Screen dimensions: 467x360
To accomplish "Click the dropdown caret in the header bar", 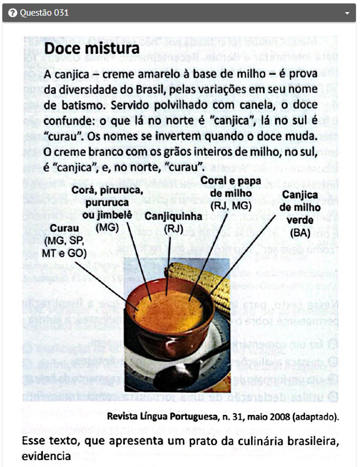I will pyautogui.click(x=347, y=13).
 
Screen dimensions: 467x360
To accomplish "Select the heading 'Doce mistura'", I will pyautogui.click(x=91, y=48).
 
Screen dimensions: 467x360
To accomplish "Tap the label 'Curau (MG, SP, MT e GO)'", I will pyautogui.click(x=64, y=240).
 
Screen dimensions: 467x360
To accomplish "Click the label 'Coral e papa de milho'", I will pyautogui.click(x=231, y=186).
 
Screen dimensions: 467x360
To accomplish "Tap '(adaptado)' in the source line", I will pyautogui.click(x=316, y=417).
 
